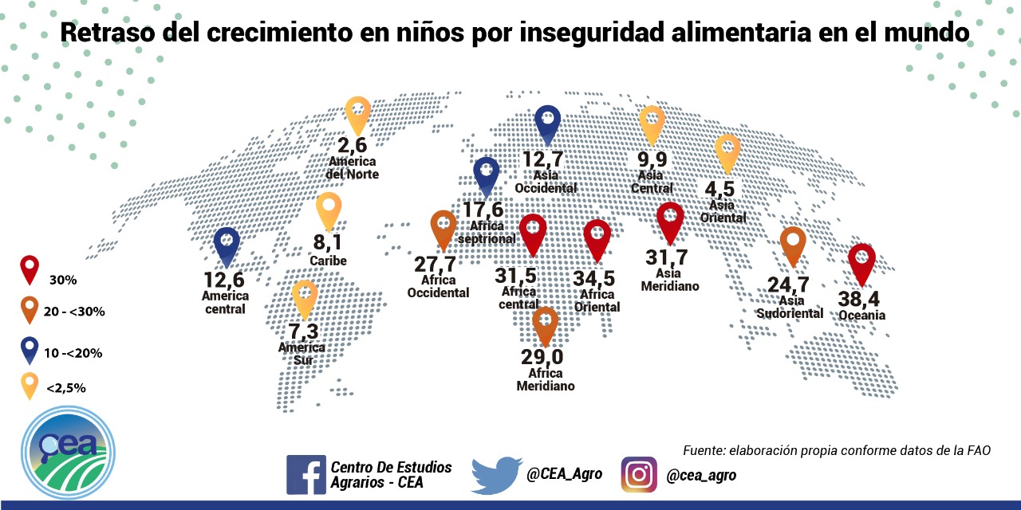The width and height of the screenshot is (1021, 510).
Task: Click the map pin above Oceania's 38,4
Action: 861,264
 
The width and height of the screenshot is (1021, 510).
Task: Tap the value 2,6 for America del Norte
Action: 352,146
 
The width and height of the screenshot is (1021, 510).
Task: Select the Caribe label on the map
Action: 329,261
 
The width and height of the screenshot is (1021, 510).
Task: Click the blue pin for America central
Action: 227,246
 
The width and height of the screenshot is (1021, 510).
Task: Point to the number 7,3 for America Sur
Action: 305,330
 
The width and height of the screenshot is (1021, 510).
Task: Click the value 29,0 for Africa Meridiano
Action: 543,355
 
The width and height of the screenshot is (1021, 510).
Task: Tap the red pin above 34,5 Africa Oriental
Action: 597,239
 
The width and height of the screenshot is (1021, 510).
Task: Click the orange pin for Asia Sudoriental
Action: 793,245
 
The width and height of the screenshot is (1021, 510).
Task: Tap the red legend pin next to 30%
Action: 30,269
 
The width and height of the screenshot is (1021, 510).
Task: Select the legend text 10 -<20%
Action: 73,352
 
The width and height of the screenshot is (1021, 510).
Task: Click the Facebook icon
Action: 306,475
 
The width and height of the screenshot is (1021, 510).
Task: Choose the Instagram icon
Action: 639,475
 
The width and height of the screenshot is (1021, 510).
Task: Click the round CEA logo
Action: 67,452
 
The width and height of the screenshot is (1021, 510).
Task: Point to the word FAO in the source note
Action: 977,450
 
